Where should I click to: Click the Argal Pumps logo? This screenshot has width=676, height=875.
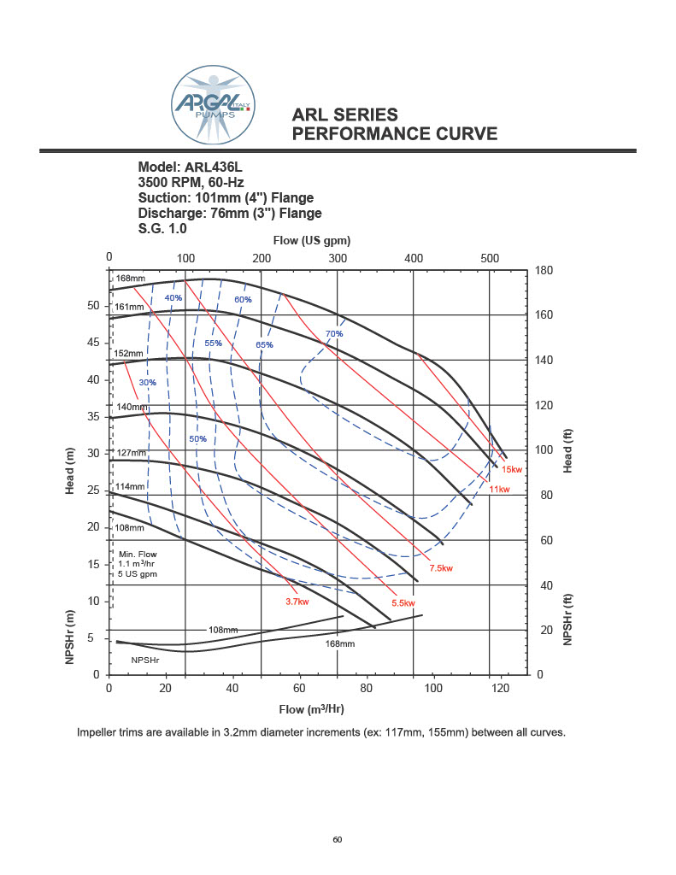pos(214,106)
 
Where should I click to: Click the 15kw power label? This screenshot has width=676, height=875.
pos(512,470)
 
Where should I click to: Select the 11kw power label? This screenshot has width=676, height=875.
pos(499,489)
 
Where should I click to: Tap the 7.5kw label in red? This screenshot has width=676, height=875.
pos(440,568)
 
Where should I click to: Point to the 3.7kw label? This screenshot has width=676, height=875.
pos(296,602)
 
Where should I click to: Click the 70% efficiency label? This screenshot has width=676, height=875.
pos(334,333)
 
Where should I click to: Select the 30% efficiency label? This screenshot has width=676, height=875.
pos(148,382)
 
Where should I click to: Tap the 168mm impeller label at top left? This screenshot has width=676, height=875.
pos(131,279)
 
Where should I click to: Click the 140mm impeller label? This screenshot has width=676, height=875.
pos(131,407)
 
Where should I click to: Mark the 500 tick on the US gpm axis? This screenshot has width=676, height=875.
pos(490,258)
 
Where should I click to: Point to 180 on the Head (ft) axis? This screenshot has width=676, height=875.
pos(544,271)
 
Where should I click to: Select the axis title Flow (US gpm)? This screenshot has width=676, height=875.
pos(312,240)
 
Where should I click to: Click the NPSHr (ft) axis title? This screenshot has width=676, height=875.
pos(567,620)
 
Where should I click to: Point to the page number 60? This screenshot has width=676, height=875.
pos(338,839)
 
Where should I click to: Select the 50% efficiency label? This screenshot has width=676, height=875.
pos(197,438)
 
